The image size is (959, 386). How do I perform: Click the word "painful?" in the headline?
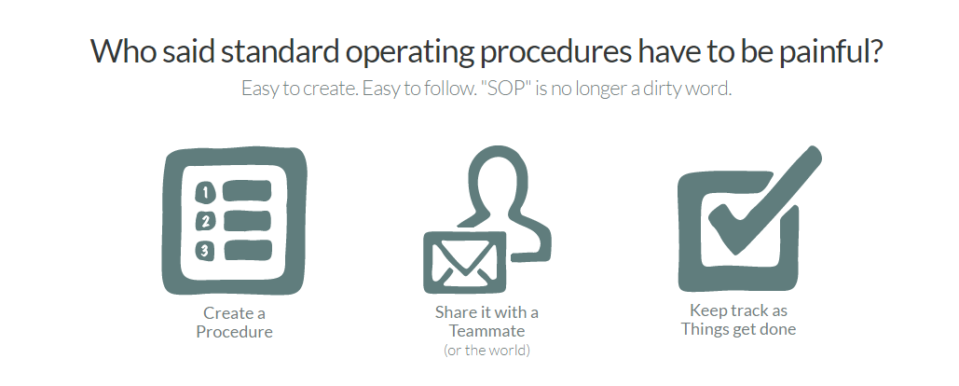(x=830, y=52)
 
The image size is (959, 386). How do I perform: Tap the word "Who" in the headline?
(x=123, y=50)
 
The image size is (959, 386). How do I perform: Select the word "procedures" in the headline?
(x=555, y=52)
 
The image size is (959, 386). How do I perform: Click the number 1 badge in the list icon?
(x=205, y=193)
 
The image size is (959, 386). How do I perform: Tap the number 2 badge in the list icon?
(x=205, y=222)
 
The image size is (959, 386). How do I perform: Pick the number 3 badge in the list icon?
(x=204, y=251)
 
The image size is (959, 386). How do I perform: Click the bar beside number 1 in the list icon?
(x=247, y=191)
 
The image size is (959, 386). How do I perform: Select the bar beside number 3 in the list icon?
(x=248, y=250)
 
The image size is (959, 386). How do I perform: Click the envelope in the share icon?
(x=465, y=263)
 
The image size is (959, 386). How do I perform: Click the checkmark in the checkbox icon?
(x=766, y=200)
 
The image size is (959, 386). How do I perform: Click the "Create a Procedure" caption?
(x=234, y=323)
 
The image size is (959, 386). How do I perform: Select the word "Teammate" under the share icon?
(x=486, y=331)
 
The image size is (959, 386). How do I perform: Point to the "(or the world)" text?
(x=486, y=351)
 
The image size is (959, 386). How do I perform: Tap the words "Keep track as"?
(x=739, y=310)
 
